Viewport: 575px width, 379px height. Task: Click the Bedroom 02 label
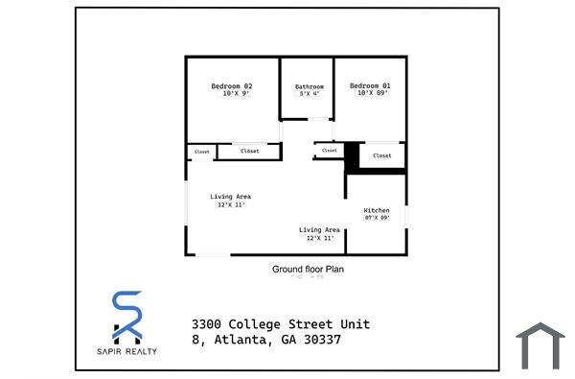click(x=231, y=86)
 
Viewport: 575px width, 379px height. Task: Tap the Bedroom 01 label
click(x=370, y=86)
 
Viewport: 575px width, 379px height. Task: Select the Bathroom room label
click(x=309, y=87)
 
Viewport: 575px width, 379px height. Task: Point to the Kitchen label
click(x=377, y=210)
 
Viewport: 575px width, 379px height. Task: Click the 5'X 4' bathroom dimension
click(x=309, y=94)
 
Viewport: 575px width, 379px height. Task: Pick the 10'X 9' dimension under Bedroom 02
click(x=231, y=94)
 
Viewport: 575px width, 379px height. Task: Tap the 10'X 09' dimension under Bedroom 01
click(x=370, y=94)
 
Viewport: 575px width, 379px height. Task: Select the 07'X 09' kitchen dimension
click(x=377, y=218)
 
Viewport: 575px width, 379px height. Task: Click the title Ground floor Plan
click(x=308, y=270)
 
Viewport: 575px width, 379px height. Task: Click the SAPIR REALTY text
click(x=127, y=350)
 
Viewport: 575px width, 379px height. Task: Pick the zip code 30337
click(x=320, y=340)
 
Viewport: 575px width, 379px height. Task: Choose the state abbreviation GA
click(x=283, y=340)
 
